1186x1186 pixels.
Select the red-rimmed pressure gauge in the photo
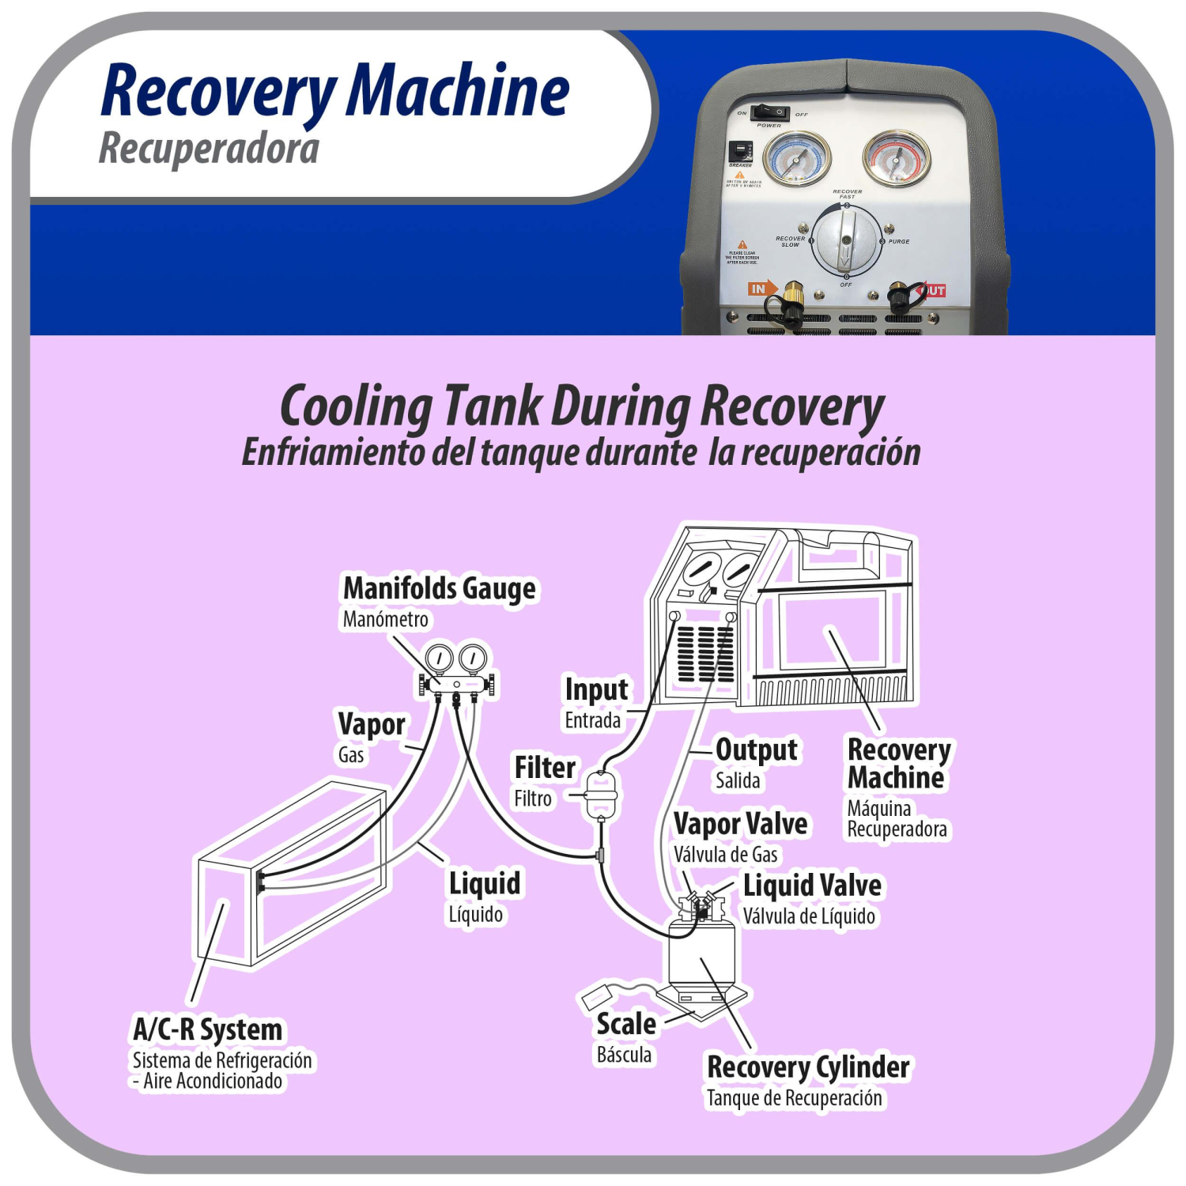click(x=896, y=158)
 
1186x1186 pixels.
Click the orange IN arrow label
click(x=761, y=289)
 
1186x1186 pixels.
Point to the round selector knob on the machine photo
click(x=846, y=240)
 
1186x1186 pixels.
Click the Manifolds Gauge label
click(x=439, y=588)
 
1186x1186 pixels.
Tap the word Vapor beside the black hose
click(x=371, y=724)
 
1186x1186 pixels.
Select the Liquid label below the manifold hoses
click(x=485, y=883)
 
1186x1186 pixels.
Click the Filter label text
click(x=545, y=768)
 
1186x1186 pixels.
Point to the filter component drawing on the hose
click(x=601, y=794)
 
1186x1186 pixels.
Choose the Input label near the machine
click(x=596, y=689)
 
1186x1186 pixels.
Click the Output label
click(x=756, y=750)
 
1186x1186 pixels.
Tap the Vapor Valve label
click(x=740, y=824)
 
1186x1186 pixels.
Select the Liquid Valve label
click(x=812, y=886)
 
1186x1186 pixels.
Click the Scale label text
click(x=625, y=1024)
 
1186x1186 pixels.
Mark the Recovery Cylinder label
click(x=808, y=1067)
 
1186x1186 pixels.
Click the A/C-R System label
click(x=207, y=1029)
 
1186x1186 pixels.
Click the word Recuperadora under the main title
click(x=209, y=149)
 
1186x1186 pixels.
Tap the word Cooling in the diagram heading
click(x=355, y=407)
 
